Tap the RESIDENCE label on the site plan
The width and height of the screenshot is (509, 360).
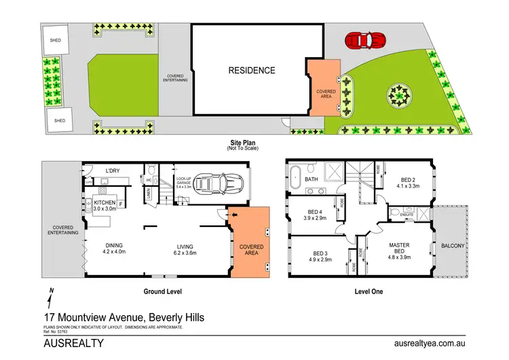pyautogui.click(x=252, y=70)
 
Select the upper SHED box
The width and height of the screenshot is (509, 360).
pyautogui.click(x=55, y=41)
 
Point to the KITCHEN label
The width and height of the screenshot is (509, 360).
pyautogui.click(x=105, y=203)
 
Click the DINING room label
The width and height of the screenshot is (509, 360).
pyautogui.click(x=114, y=247)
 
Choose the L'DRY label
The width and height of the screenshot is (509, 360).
pyautogui.click(x=113, y=170)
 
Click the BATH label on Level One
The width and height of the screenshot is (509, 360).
pyautogui.click(x=312, y=179)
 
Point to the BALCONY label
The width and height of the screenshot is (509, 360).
pyautogui.click(x=453, y=245)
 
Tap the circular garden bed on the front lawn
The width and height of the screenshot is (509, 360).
pyautogui.click(x=400, y=96)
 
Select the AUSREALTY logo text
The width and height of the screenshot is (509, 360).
pyautogui.click(x=73, y=344)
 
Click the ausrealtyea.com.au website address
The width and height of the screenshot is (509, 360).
pyautogui.click(x=423, y=344)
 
